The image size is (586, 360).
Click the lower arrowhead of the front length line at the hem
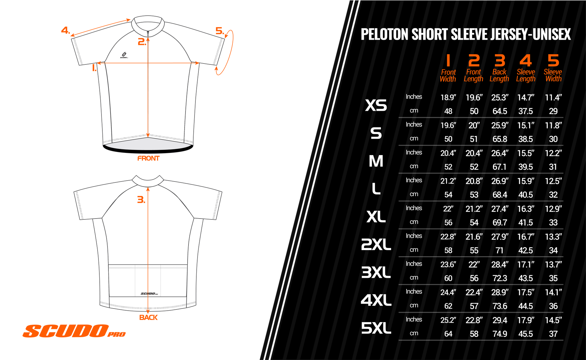coord(148,135)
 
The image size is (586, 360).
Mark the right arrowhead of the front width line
coord(197,63)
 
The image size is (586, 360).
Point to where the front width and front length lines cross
coord(148,63)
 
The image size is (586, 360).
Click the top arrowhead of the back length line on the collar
coord(148,189)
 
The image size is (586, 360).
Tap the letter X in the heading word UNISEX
coord(566,34)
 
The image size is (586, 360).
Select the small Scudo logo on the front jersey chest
coord(124,55)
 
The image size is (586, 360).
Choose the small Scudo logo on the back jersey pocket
coord(149,293)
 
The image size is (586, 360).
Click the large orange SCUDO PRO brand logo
coord(74,331)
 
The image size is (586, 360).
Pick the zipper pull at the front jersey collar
coord(148,32)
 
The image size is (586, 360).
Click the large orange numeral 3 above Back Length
coord(500,61)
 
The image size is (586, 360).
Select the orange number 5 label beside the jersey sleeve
coord(220,31)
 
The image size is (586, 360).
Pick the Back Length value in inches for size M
coord(500,153)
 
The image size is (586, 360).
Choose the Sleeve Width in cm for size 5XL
coord(553,334)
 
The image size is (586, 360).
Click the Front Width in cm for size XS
coord(448,111)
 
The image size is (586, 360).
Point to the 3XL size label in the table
coord(376,272)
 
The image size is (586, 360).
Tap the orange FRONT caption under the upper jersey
coord(148,158)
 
